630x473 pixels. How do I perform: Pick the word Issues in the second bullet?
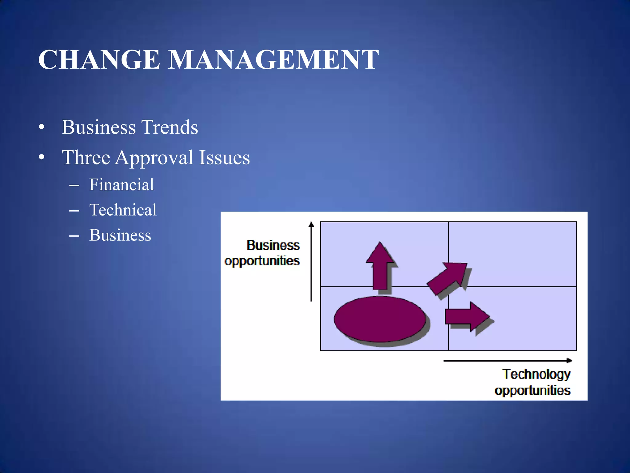[x=224, y=158]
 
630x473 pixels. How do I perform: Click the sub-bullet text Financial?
[x=122, y=185]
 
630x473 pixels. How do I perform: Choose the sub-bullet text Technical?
[x=123, y=210]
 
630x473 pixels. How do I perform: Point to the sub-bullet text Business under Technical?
[x=120, y=235]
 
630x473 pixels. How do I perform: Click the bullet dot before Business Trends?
[x=42, y=127]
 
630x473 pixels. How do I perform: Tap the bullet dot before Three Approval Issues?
[x=42, y=158]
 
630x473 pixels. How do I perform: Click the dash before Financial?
[x=74, y=186]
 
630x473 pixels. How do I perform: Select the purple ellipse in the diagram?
[x=380, y=319]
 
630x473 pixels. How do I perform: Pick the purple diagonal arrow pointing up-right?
[x=448, y=277]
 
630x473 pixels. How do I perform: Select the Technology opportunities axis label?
[x=533, y=382]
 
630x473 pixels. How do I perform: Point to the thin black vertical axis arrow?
[x=311, y=262]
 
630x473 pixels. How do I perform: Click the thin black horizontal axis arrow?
[x=508, y=360]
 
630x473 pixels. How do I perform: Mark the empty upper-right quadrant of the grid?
[x=512, y=254]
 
